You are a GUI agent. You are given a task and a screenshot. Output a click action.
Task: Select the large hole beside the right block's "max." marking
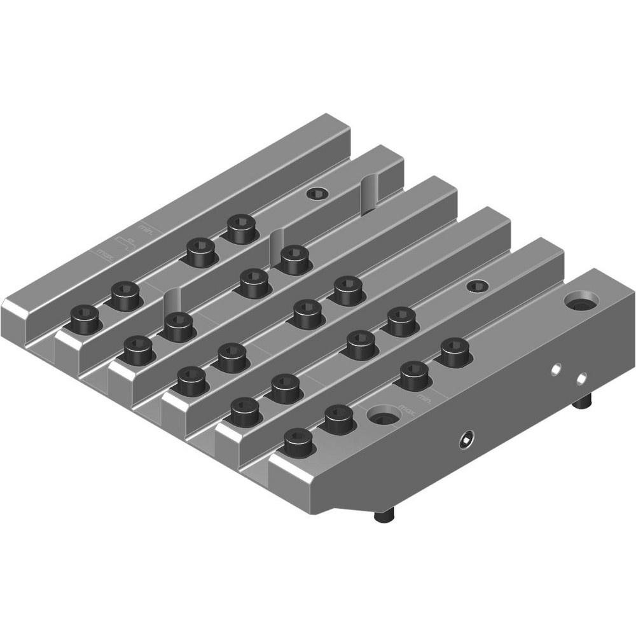coord(384,417)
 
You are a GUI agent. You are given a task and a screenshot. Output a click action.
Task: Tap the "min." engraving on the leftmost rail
coord(146,227)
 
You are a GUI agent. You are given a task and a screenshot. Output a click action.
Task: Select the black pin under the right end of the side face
coord(583,403)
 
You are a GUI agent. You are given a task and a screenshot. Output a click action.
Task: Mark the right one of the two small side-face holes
coord(580,379)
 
